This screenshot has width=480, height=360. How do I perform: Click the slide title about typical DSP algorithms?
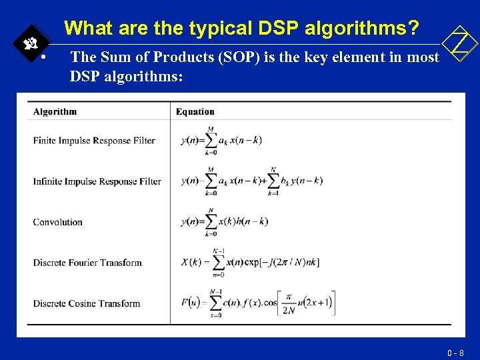point(243,28)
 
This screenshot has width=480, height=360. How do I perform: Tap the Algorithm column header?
point(55,111)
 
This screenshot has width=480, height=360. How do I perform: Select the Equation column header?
point(195,111)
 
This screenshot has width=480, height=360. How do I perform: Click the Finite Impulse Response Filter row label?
point(94,141)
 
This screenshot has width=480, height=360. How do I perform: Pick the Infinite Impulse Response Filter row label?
point(97,181)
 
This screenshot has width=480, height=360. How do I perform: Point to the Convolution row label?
point(58,222)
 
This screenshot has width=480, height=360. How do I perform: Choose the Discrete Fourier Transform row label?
point(87,263)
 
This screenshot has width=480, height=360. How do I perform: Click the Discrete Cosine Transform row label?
point(87,303)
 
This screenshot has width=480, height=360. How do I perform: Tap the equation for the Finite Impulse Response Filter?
point(221,141)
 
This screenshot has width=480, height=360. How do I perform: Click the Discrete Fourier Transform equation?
point(250,262)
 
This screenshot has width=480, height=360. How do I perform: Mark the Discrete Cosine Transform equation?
point(257,303)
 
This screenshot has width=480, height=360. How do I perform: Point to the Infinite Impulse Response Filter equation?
point(251,181)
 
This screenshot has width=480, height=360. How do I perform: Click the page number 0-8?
point(457,352)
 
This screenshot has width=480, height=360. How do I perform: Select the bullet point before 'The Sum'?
point(43,57)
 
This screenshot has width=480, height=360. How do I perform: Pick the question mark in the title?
point(413,28)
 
